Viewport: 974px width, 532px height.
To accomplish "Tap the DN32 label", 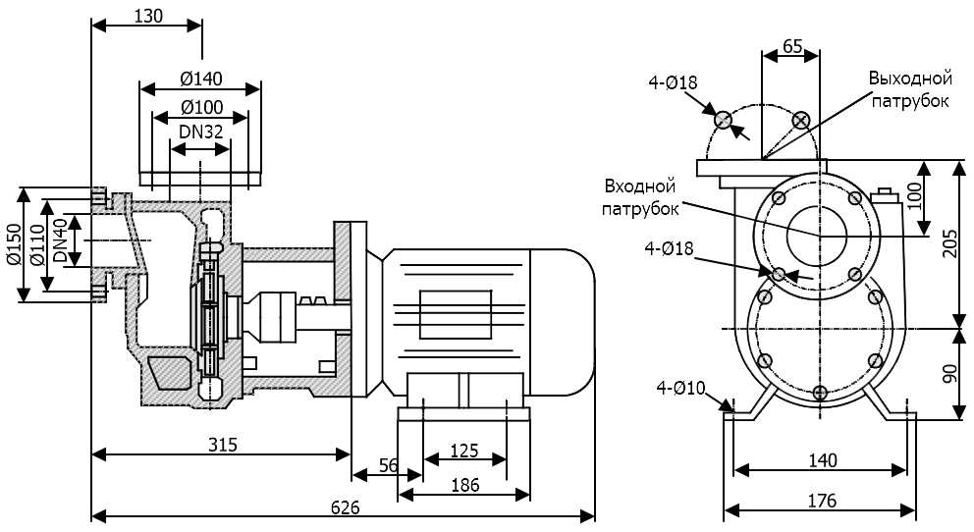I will [x=200, y=130].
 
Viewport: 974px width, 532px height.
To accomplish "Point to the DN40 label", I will [x=60, y=241].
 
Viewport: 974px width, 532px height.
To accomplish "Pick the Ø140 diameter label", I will [x=200, y=79].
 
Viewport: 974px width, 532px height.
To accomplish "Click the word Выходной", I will [x=910, y=78].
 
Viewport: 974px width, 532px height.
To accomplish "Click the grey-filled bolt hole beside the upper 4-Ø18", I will [x=723, y=120].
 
